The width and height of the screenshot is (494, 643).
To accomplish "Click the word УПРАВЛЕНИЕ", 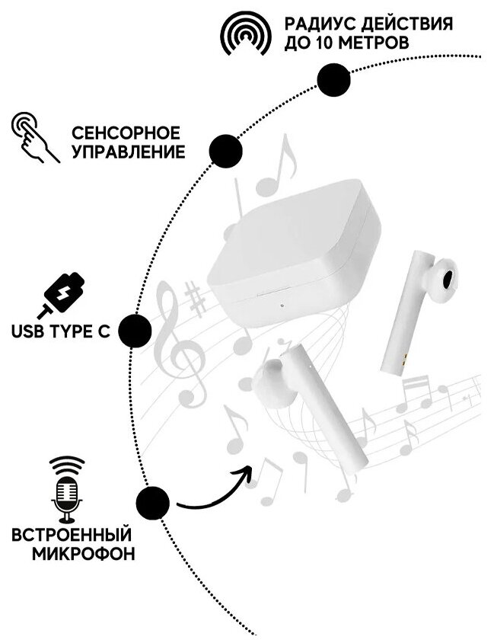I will [128, 152].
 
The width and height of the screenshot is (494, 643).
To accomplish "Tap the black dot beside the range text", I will [333, 80].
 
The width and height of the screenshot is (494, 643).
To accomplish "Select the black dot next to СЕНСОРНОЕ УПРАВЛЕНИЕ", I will [226, 150].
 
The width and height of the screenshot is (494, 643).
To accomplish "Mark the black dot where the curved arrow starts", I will [152, 503].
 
